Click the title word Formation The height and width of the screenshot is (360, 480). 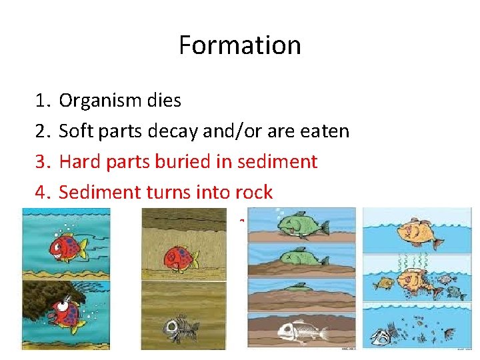[x=239, y=45]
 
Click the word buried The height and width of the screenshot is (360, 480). [x=184, y=162]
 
